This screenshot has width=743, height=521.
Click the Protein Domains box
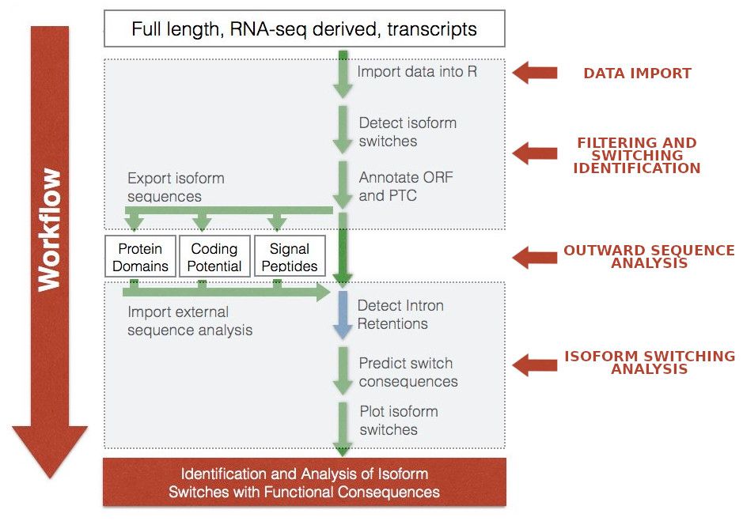coord(140,256)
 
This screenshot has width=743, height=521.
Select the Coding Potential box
coord(214,256)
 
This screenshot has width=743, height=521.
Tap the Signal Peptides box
coord(290,256)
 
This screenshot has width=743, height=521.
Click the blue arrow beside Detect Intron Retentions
coord(343,315)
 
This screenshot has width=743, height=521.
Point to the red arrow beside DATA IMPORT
coord(535,73)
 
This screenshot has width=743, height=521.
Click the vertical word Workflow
coord(49,230)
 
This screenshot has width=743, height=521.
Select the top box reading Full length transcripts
coord(304,28)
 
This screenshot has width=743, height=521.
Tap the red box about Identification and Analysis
coord(304,482)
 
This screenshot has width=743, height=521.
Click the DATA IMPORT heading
coord(637,74)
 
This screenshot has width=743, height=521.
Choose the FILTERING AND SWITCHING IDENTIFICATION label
coord(637,156)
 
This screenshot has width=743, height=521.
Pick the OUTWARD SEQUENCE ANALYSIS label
coord(649,256)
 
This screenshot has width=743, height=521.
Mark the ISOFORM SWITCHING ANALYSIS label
coord(650,362)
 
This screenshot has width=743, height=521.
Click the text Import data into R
coord(417,71)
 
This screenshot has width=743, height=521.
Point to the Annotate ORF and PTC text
coord(406,186)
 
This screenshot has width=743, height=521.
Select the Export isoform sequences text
coord(176,187)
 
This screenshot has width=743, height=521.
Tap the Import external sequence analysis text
coord(190,321)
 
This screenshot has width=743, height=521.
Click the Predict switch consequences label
coord(408,372)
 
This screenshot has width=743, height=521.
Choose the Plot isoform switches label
coord(399,421)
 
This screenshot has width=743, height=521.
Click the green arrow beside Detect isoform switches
coord(343,130)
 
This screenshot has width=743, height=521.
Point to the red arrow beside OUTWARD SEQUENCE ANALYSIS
coord(535,257)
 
